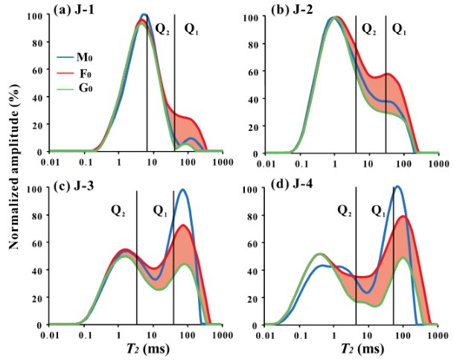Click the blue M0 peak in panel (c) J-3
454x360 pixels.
coord(182,190)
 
